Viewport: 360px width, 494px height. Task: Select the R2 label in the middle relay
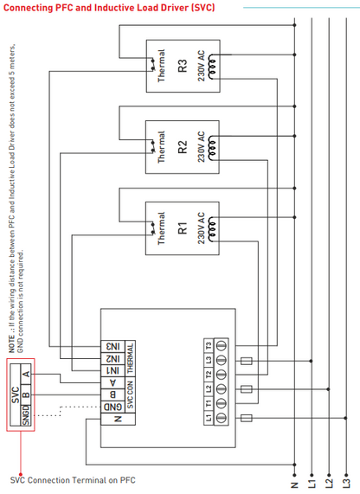(x=182, y=147)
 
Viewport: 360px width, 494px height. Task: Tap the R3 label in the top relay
(x=182, y=65)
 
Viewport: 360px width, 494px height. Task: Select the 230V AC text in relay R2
(x=201, y=147)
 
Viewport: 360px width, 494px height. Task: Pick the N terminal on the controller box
(x=112, y=420)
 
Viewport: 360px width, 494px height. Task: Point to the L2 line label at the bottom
(x=328, y=477)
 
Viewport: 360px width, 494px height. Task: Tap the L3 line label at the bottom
(x=345, y=477)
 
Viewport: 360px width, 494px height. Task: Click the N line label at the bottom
(x=294, y=477)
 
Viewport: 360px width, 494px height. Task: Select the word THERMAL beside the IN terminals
(x=130, y=358)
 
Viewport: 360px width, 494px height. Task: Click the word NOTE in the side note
(x=12, y=343)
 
